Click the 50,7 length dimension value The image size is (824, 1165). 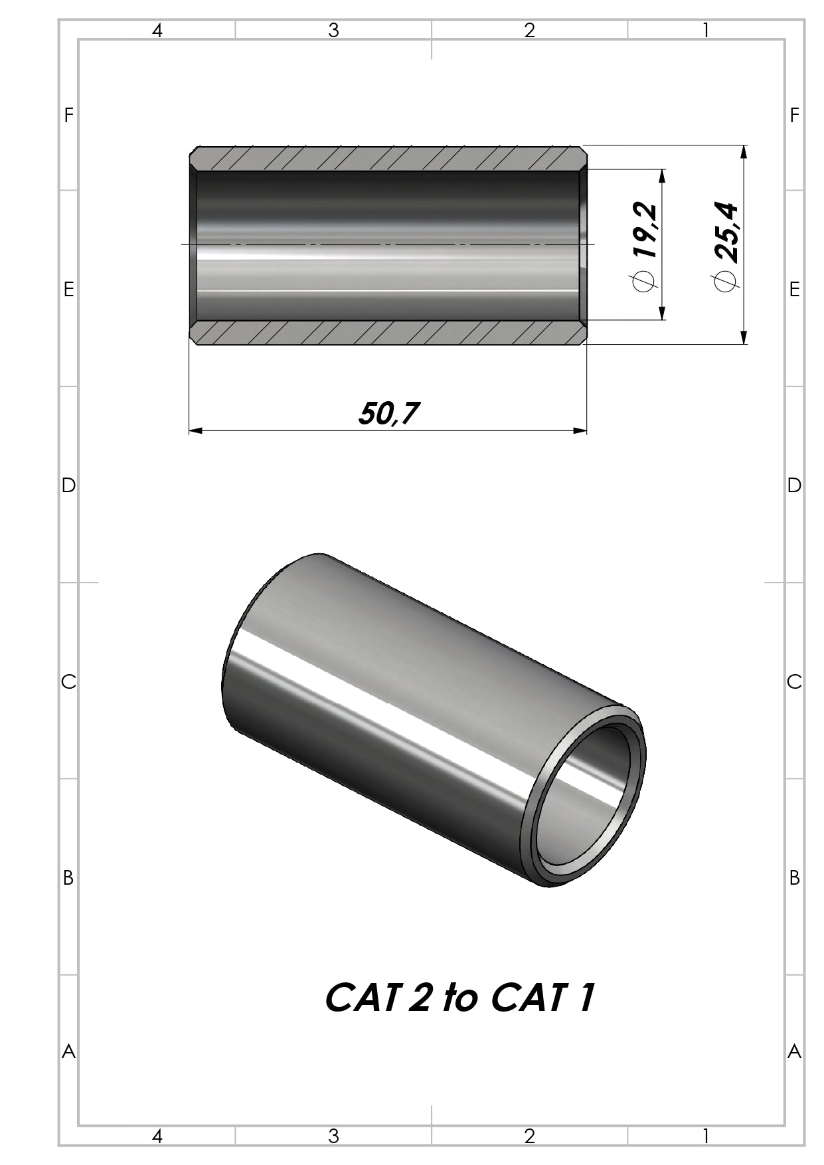(x=389, y=414)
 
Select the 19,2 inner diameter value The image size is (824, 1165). (x=645, y=230)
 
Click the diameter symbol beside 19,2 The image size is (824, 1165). (x=644, y=281)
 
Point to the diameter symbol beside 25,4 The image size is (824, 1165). (x=725, y=281)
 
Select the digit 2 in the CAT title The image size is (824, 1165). (x=419, y=998)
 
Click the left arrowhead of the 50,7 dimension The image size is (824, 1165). (x=195, y=430)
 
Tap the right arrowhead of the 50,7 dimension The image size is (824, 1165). (x=580, y=430)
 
